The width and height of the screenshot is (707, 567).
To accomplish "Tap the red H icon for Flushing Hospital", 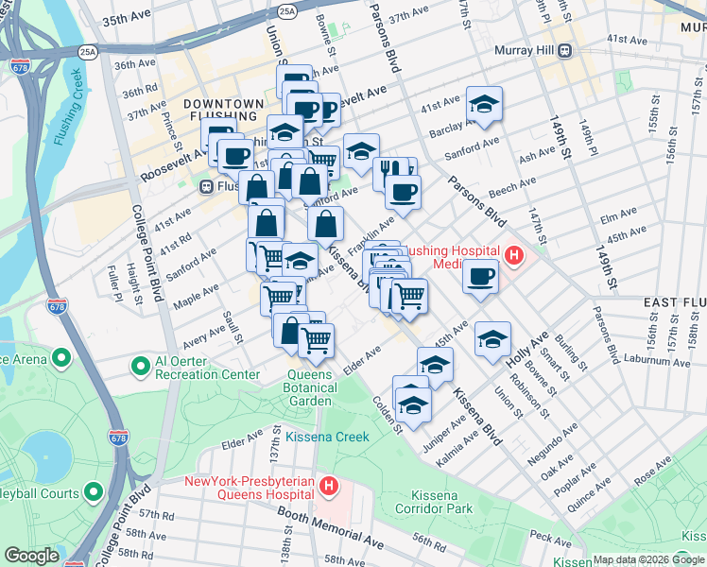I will click(x=513, y=254).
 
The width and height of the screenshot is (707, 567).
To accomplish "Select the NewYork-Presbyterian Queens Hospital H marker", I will click(x=328, y=487).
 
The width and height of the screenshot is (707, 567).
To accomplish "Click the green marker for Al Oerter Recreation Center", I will click(x=141, y=365).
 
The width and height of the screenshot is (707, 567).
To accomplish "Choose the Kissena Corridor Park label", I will click(x=440, y=502).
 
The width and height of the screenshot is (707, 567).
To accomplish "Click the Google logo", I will click(x=31, y=556).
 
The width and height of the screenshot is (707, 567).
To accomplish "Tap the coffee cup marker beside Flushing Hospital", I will click(x=480, y=276).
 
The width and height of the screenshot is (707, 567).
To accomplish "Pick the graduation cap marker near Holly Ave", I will click(x=492, y=338).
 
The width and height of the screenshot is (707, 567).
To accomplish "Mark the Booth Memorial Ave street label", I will click(x=330, y=531).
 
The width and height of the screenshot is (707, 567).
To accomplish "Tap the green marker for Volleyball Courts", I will click(x=93, y=491).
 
